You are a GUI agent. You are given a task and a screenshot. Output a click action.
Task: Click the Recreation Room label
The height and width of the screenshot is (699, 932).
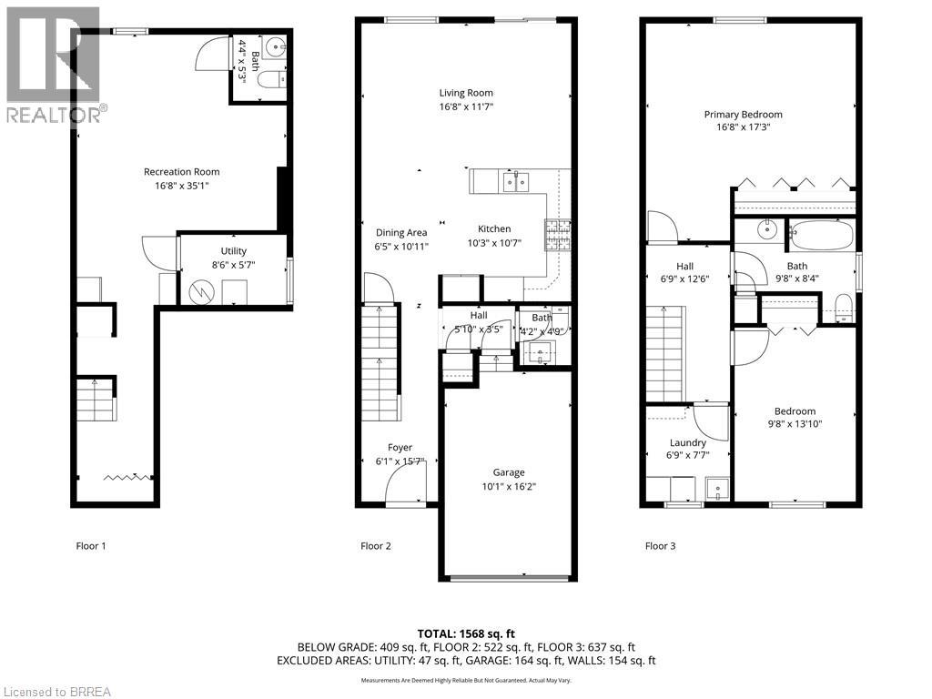(x=181, y=171)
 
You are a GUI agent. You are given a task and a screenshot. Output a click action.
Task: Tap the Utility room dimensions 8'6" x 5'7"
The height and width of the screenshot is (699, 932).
(x=233, y=267)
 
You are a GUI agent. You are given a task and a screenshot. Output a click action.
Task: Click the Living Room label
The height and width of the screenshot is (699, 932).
(x=465, y=93)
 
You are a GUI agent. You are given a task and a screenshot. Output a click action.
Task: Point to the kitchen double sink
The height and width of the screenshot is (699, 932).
(x=516, y=182)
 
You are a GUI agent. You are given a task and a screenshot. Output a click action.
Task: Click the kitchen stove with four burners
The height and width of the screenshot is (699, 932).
(x=557, y=236)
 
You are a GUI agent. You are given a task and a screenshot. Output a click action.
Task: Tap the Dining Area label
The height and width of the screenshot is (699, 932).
(x=401, y=232)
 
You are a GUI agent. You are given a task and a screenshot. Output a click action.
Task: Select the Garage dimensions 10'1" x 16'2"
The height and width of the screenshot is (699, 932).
(x=509, y=487)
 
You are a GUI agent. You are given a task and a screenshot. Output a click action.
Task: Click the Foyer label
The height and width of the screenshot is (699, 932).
(x=400, y=448)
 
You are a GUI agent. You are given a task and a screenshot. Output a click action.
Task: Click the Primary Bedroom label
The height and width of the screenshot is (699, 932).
(x=743, y=115)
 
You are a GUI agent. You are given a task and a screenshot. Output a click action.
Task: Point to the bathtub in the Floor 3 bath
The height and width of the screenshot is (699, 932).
(x=822, y=237)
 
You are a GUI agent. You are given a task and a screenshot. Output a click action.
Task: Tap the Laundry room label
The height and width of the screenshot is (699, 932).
(x=687, y=443)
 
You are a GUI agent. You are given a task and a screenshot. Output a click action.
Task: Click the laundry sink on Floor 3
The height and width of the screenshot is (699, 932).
(x=718, y=489)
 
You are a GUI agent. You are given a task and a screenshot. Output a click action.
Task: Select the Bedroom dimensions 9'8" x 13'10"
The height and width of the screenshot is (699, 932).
(x=795, y=423)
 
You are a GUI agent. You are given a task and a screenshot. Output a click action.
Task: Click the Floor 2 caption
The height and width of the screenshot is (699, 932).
(x=376, y=546)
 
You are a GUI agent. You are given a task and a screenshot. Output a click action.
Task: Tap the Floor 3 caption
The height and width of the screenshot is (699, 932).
(x=660, y=546)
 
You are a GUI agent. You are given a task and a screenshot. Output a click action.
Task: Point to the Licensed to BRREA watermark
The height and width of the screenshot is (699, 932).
(x=56, y=691)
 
